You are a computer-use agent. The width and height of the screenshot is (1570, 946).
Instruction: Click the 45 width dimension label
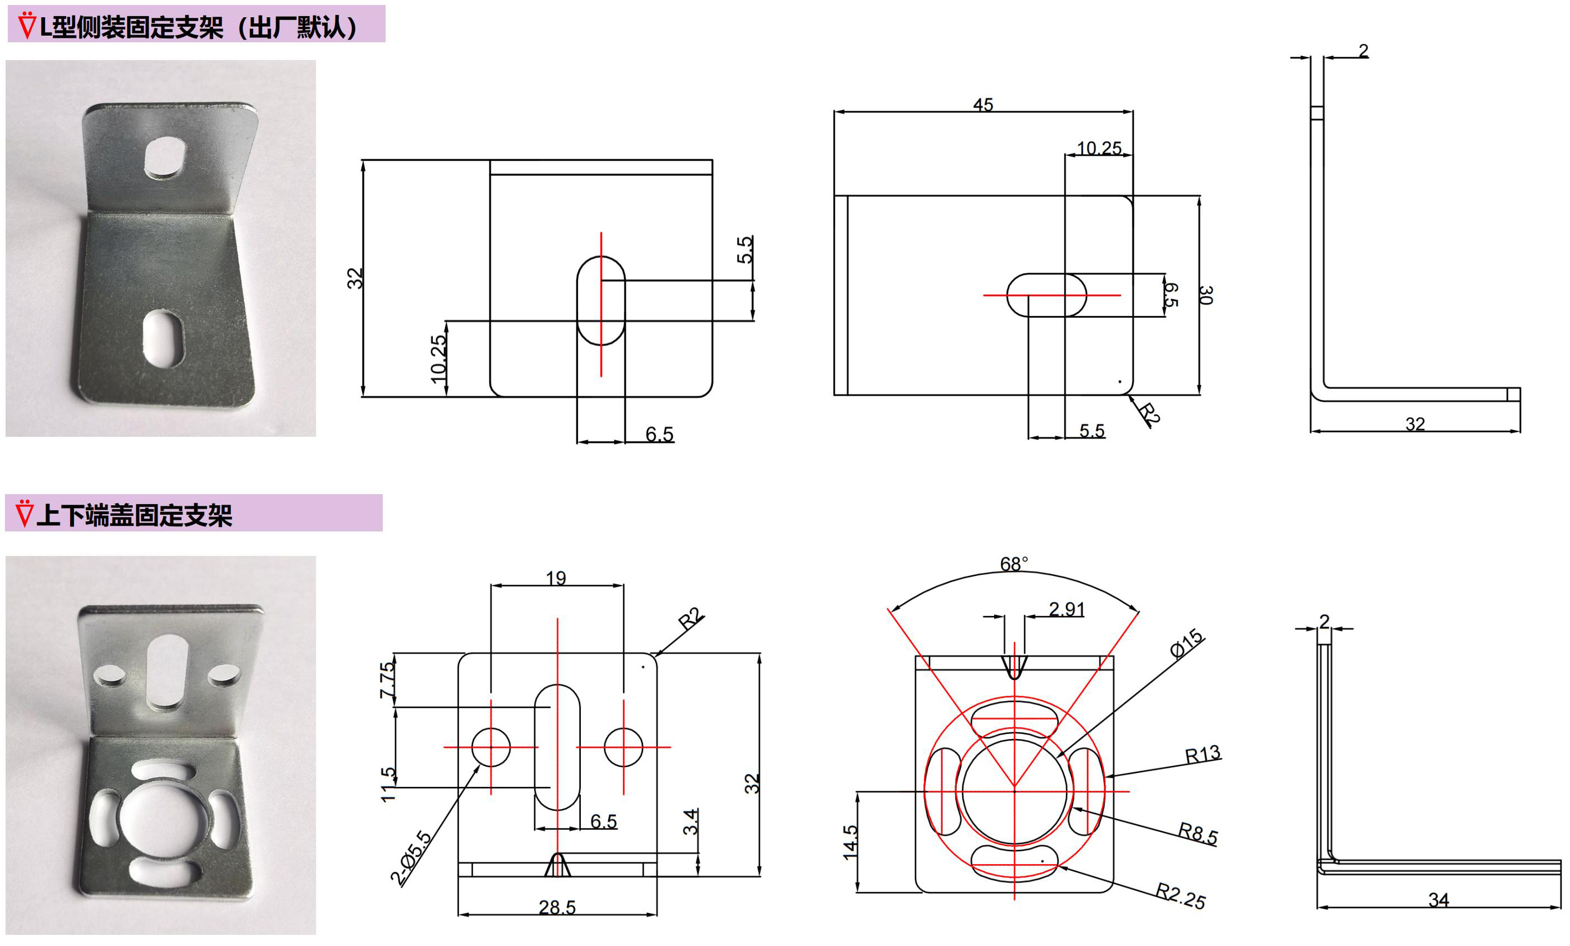pyautogui.click(x=983, y=105)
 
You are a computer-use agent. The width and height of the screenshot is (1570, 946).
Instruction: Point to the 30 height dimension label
pyautogui.click(x=1205, y=295)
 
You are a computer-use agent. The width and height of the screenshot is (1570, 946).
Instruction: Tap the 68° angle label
pyautogui.click(x=1013, y=564)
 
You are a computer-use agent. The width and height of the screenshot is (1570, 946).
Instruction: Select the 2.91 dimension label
pyautogui.click(x=1066, y=609)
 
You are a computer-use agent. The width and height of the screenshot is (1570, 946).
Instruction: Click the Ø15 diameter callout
pyautogui.click(x=1187, y=644)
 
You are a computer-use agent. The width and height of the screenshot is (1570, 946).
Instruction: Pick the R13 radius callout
pyautogui.click(x=1202, y=755)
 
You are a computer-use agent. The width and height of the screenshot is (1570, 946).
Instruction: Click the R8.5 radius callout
pyautogui.click(x=1197, y=833)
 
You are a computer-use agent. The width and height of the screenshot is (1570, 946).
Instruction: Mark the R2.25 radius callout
pyautogui.click(x=1180, y=896)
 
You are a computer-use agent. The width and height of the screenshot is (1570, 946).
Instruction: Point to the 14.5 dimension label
pyautogui.click(x=851, y=842)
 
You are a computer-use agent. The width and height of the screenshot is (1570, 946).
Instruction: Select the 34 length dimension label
pyautogui.click(x=1438, y=900)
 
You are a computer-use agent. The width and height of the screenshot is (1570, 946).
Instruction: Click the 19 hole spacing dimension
pyautogui.click(x=556, y=578)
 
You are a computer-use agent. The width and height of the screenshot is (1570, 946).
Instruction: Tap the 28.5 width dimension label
pyautogui.click(x=557, y=907)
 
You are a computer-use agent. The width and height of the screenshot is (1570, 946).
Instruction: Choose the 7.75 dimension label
pyautogui.click(x=387, y=680)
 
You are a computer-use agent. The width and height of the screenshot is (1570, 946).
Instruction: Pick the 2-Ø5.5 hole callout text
pyautogui.click(x=411, y=858)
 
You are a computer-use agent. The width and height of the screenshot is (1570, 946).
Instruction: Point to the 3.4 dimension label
pyautogui.click(x=690, y=822)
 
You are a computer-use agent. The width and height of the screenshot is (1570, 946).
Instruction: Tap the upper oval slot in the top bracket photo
pyautogui.click(x=165, y=156)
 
